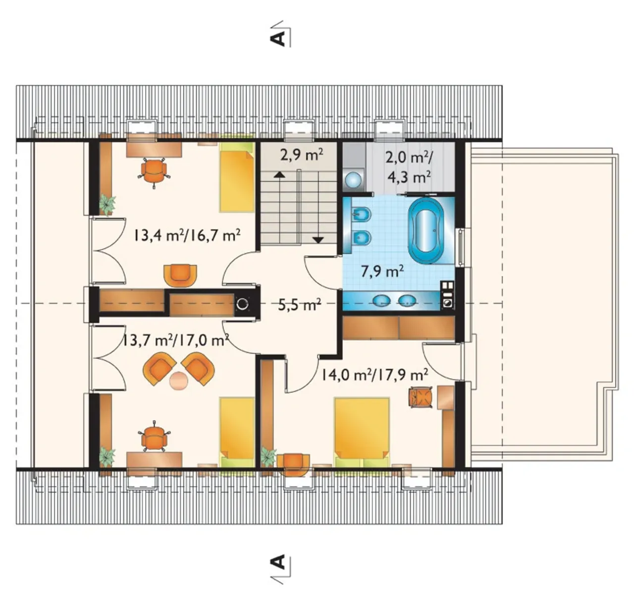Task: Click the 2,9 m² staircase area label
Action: [x=302, y=155]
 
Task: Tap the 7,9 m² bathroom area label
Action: [x=382, y=272]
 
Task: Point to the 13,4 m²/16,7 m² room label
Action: [x=187, y=235]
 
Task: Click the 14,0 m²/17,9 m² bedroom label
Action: [x=374, y=375]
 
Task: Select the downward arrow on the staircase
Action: [x=318, y=240]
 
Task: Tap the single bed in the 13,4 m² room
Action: [x=237, y=177]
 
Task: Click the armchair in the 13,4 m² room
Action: [x=180, y=275]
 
